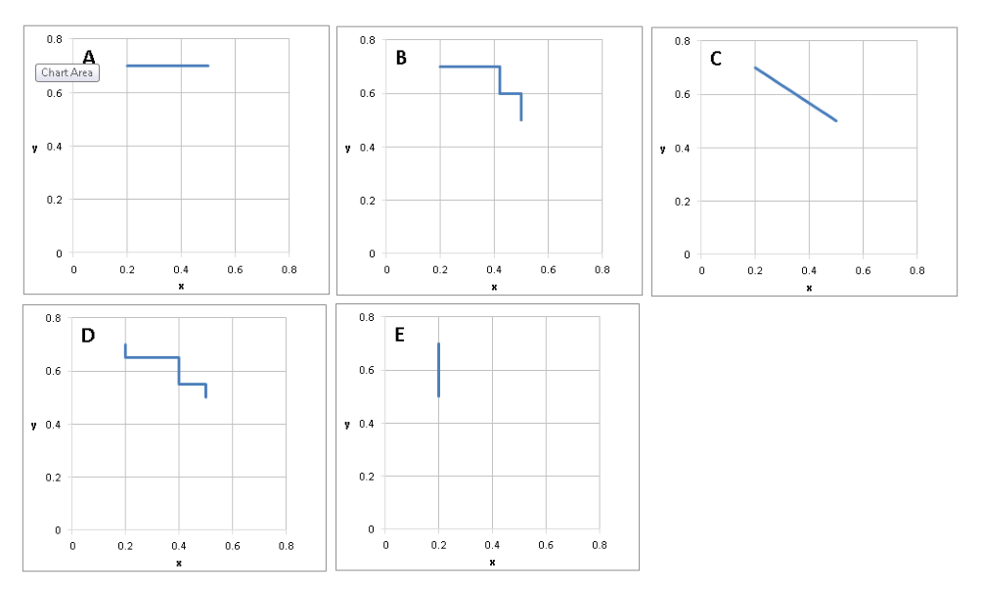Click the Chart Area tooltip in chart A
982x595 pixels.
coord(67,72)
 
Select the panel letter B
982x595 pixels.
coord(401,59)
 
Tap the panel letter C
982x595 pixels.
coord(716,59)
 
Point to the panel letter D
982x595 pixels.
coord(88,336)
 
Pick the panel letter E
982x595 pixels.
coord(400,335)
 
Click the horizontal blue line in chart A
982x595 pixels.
coord(167,66)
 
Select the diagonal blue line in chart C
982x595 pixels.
coord(795,94)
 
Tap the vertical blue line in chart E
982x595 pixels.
coord(438,370)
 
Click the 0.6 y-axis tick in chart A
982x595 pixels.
coord(55,93)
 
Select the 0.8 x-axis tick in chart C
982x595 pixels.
coord(916,270)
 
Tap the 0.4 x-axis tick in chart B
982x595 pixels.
coord(494,269)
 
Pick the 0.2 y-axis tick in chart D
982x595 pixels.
coord(53,478)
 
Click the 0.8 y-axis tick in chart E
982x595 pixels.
coord(367,317)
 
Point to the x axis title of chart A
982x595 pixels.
coord(181,286)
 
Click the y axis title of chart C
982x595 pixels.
coord(662,149)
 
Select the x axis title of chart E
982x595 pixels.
coord(492,562)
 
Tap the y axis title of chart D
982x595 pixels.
coord(34,426)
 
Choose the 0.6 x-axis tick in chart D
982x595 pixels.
coord(233,546)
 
